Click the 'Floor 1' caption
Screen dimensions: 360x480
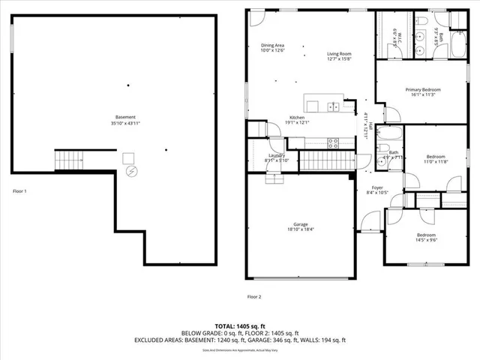click(x=20, y=191)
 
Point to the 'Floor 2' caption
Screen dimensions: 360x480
click(x=254, y=297)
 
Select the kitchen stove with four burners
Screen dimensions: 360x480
click(x=333, y=142)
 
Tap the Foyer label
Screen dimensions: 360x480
click(x=377, y=189)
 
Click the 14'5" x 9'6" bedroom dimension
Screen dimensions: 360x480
click(x=425, y=241)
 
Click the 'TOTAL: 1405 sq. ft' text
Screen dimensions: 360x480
click(x=240, y=325)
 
